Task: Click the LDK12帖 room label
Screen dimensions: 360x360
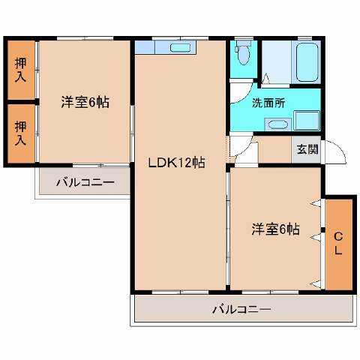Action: click(x=177, y=163)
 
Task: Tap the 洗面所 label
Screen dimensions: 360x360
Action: click(x=268, y=103)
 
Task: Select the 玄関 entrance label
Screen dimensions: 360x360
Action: click(x=307, y=149)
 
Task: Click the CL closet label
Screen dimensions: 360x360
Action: click(x=338, y=244)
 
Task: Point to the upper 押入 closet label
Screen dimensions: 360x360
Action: click(x=20, y=70)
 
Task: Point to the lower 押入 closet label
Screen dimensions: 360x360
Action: click(x=20, y=133)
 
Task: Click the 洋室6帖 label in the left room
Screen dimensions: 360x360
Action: click(x=85, y=102)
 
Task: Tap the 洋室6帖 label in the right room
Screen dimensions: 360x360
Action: click(x=275, y=229)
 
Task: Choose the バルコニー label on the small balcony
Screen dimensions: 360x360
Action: click(x=85, y=183)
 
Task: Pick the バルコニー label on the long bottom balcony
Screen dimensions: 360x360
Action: click(x=241, y=310)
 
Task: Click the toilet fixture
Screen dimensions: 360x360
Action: click(x=243, y=52)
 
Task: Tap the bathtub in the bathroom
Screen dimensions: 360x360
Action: click(x=307, y=62)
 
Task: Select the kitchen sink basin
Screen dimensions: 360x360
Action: click(x=181, y=48)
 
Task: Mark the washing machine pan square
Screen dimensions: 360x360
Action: click(x=307, y=120)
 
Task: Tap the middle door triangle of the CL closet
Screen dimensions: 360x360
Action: click(x=316, y=237)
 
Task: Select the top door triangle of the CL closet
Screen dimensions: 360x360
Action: click(x=316, y=203)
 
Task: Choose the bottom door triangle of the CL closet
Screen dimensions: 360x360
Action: click(x=316, y=284)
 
